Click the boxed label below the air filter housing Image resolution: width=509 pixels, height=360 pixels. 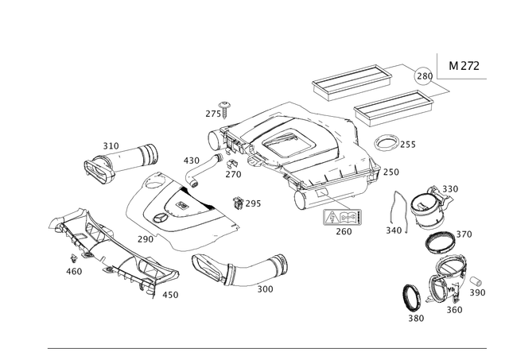point(343,217)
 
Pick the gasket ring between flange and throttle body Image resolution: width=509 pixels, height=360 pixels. point(441,242)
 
